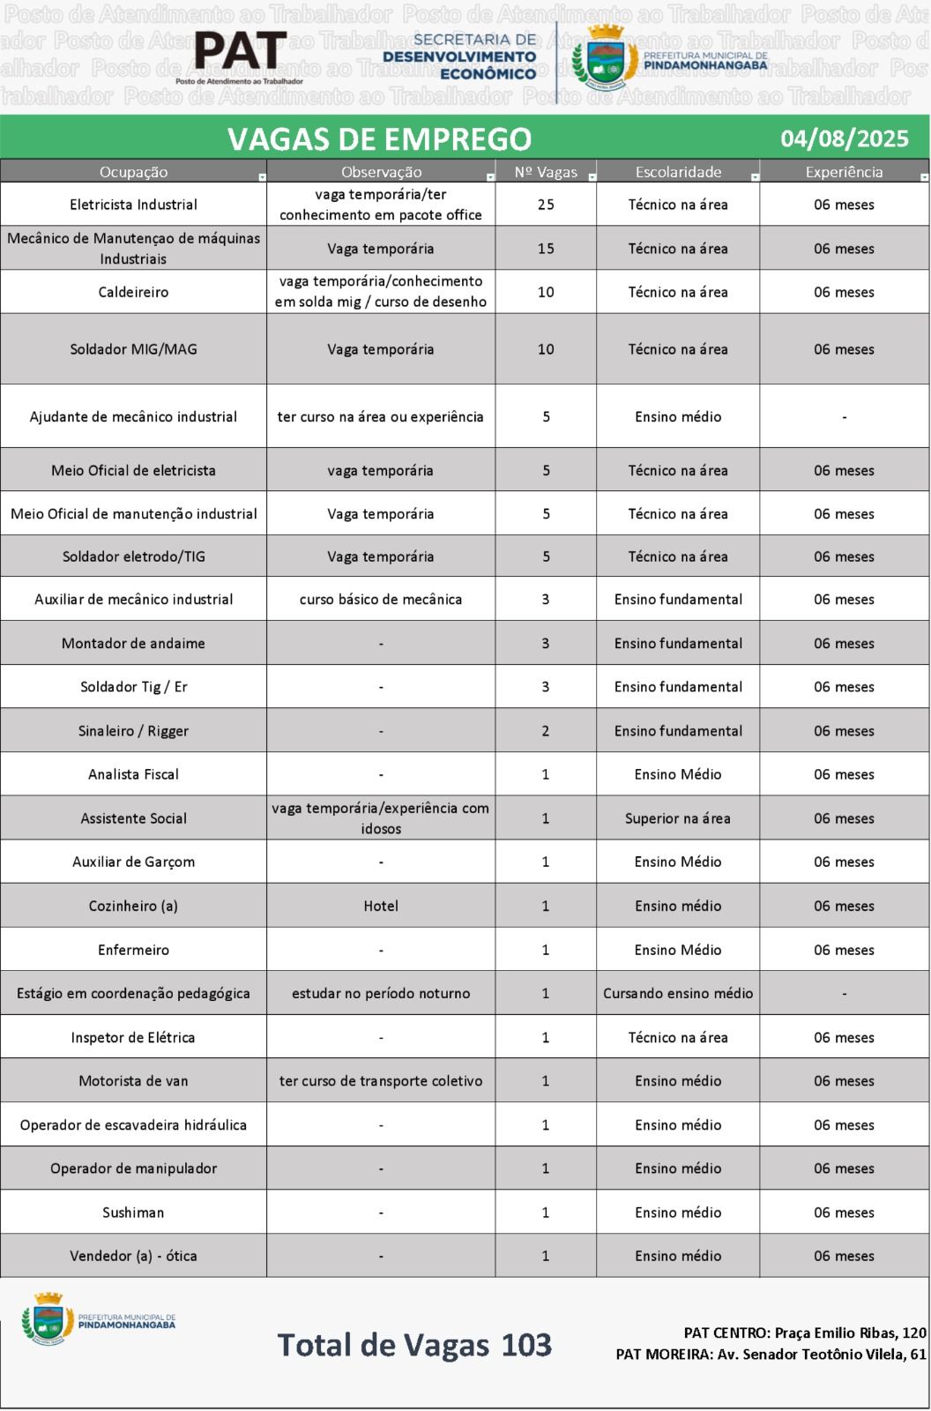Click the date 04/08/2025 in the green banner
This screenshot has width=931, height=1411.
point(844,138)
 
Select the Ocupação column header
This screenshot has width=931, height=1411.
point(133,172)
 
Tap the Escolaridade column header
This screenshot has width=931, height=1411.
point(678,172)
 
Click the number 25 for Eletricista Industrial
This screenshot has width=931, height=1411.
point(546,205)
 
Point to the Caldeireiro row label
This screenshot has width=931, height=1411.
point(133,292)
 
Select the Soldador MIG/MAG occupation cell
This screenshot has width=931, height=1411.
point(133,349)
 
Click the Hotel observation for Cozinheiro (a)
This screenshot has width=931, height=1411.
point(381,906)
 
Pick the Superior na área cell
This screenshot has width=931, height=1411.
point(678,818)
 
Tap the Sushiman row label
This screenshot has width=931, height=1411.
point(133,1213)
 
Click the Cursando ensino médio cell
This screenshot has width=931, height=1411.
point(678,993)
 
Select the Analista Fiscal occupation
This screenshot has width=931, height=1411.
point(133,774)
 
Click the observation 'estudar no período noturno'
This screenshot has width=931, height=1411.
point(381,993)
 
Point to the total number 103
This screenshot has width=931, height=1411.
point(526,1345)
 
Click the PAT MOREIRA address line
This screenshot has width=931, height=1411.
point(771,1355)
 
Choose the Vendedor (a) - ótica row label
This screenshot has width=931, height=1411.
point(133,1256)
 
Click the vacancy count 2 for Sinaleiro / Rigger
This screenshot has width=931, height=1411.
point(546,731)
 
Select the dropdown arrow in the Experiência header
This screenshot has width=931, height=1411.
point(923,177)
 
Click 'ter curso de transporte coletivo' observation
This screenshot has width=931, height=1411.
point(381,1081)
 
